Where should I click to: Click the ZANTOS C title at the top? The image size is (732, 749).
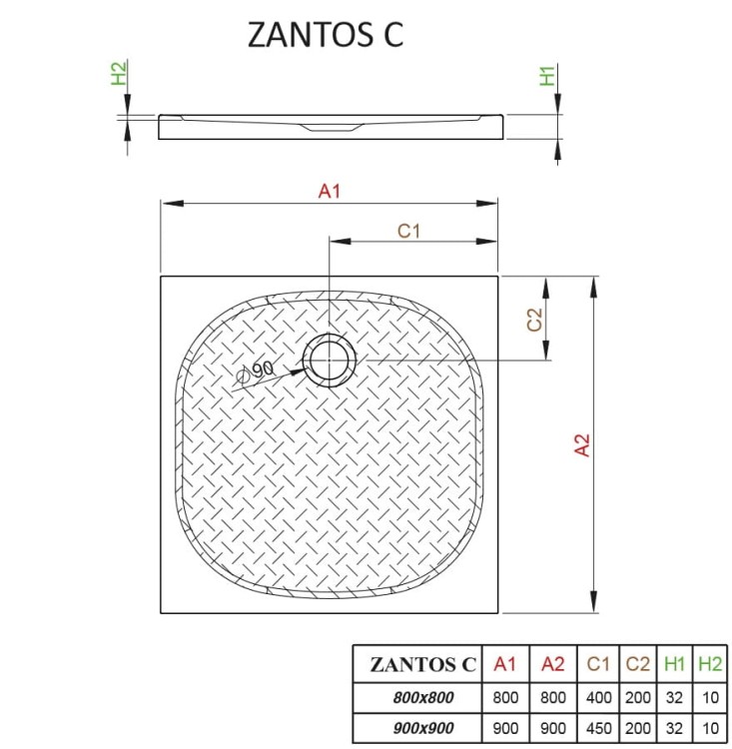click(x=325, y=34)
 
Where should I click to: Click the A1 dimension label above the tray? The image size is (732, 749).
click(x=330, y=192)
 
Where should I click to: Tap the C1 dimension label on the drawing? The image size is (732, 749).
click(x=409, y=231)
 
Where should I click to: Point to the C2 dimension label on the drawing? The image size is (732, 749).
click(x=534, y=320)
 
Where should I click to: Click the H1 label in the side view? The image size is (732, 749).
click(x=546, y=75)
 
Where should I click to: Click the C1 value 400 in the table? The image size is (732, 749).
click(x=598, y=697)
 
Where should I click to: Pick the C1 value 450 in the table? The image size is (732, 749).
click(x=598, y=728)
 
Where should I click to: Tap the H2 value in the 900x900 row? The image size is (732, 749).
click(x=709, y=728)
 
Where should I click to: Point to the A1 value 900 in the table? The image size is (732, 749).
click(x=505, y=728)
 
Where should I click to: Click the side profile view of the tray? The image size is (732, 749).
click(x=330, y=126)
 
